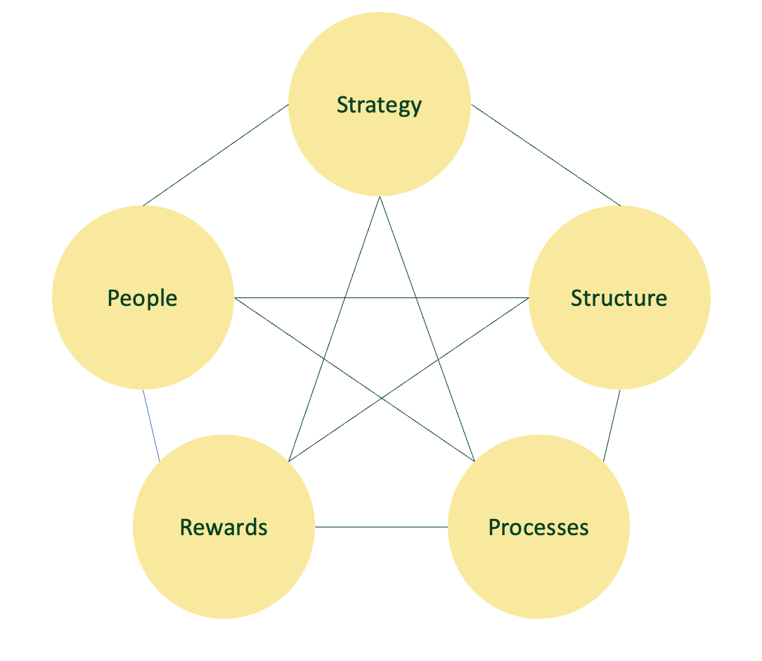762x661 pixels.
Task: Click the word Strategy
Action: tap(379, 105)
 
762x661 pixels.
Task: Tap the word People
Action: tap(142, 298)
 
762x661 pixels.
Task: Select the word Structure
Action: tap(619, 298)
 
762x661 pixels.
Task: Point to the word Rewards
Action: tap(224, 527)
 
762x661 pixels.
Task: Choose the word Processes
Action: tap(538, 527)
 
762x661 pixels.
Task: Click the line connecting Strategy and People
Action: tap(215, 155)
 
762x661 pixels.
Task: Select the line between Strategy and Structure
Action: tap(545, 155)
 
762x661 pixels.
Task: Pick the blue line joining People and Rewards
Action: tap(151, 425)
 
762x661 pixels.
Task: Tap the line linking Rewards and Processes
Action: tap(381, 527)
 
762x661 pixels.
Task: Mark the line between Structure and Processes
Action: tap(612, 425)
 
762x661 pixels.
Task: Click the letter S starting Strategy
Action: tap(342, 105)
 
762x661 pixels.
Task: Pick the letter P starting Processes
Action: tap(494, 527)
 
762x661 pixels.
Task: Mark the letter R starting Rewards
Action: tap(186, 527)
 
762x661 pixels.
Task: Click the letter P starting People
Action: tap(113, 298)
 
